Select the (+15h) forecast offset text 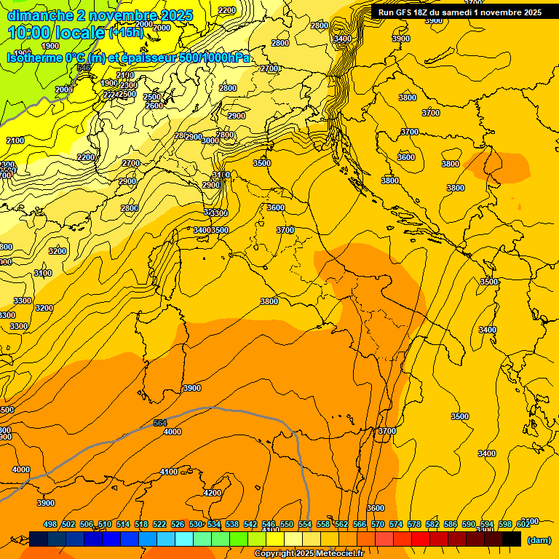click(x=125, y=33)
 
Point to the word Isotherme click(x=33, y=58)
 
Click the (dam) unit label click(x=538, y=539)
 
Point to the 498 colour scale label click(x=50, y=524)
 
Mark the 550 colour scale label click(x=287, y=524)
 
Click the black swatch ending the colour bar click(x=512, y=539)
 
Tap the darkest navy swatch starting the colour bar click(x=39, y=539)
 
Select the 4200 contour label click(x=212, y=493)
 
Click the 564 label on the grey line click(x=161, y=423)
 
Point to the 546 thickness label click(x=84, y=68)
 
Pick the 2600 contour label click(x=154, y=106)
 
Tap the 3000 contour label click(x=210, y=140)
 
